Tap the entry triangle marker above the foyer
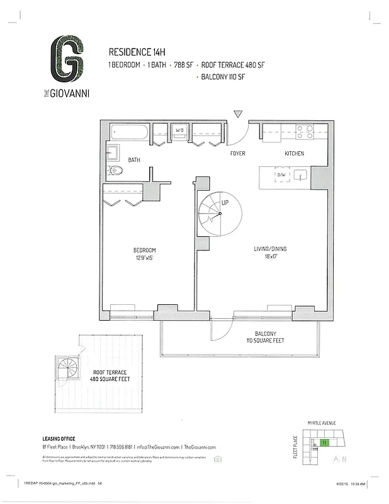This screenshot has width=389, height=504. coord(238,114)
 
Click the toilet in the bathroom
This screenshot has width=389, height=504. coord(115,170)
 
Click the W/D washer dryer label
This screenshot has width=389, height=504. coord(179,130)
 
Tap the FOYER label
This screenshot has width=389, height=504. coord(237,154)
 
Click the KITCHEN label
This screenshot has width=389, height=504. coord(294,154)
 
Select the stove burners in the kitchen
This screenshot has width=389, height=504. coord(305,132)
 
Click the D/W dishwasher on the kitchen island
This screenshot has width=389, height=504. coord(281,175)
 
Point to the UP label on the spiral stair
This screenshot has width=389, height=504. coord(225,203)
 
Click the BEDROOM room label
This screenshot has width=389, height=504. coord(144,250)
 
